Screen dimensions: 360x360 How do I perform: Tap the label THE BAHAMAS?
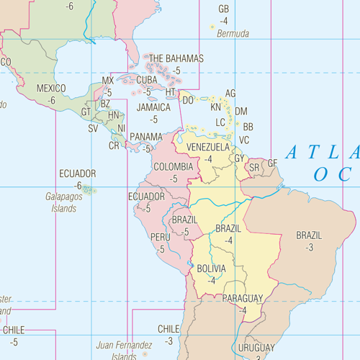[176, 58]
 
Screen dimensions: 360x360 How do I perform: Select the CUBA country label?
[147, 80]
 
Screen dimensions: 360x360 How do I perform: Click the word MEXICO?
[50, 89]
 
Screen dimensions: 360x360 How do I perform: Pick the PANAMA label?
[146, 137]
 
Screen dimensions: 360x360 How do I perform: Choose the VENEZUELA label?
[208, 147]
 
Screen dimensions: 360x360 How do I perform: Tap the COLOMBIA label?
[174, 166]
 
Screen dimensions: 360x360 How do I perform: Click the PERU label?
[161, 237]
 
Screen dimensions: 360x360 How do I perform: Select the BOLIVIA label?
[211, 269]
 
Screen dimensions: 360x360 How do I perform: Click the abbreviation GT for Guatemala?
[86, 112]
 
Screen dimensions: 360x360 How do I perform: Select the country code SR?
[253, 168]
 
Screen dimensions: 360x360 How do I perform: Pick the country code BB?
[248, 127]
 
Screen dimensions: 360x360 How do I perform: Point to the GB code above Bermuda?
[223, 9]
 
